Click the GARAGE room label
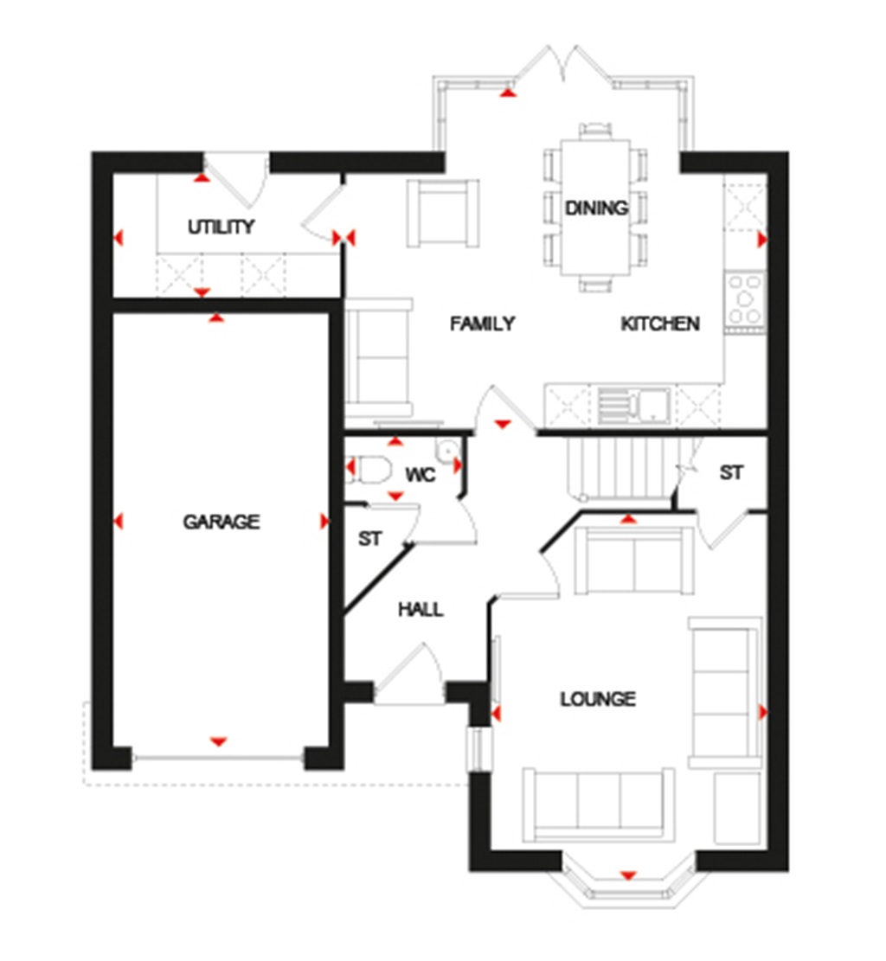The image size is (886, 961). tap(221, 522)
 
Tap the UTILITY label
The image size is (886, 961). tap(221, 227)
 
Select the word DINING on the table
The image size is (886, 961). tap(596, 208)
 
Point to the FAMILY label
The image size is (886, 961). tap(483, 324)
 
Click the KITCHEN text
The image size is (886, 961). tap(660, 324)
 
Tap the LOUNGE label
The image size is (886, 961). tap(597, 699)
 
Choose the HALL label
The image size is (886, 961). tap(421, 610)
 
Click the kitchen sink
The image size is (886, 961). tap(632, 405)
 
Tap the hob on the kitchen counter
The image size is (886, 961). tap(745, 301)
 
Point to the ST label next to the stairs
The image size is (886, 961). tap(731, 473)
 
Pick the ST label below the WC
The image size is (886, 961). tap(370, 539)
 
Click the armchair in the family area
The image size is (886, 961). tap(443, 213)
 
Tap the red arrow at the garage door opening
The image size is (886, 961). tap(218, 741)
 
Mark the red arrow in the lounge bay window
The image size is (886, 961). tap(628, 875)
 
